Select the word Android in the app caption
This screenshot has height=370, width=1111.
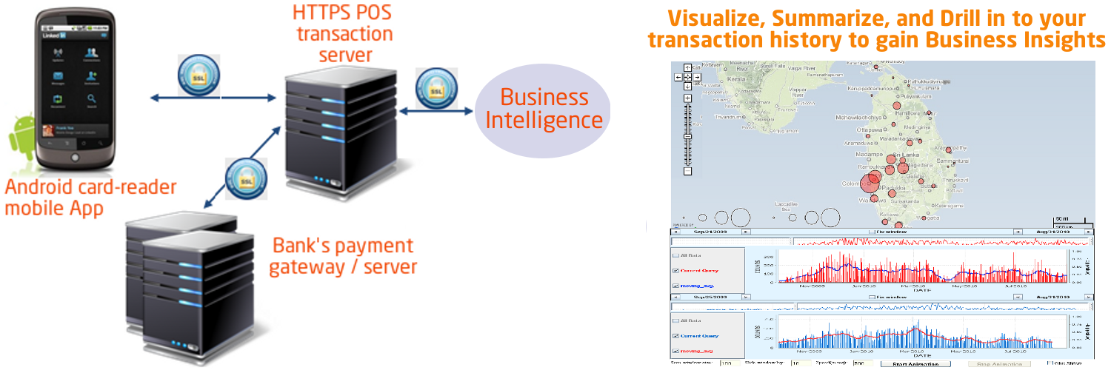pos(37,186)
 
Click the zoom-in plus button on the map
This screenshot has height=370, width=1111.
pos(688,98)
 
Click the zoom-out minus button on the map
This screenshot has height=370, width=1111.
pos(688,172)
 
